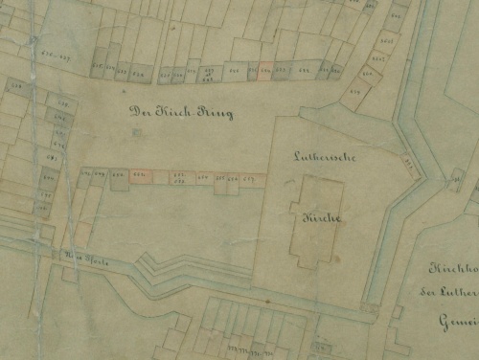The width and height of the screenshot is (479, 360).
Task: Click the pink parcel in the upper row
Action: [265, 70]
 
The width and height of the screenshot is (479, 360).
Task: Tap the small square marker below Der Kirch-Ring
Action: [136, 132]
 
